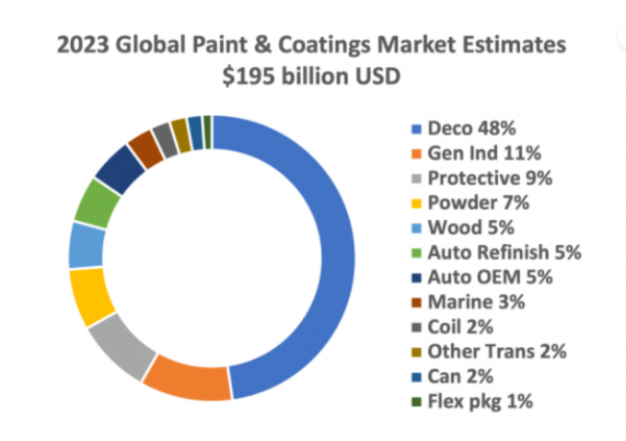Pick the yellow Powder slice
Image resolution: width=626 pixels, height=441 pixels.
click(90, 296)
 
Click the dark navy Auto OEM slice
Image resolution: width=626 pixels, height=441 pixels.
click(120, 168)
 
